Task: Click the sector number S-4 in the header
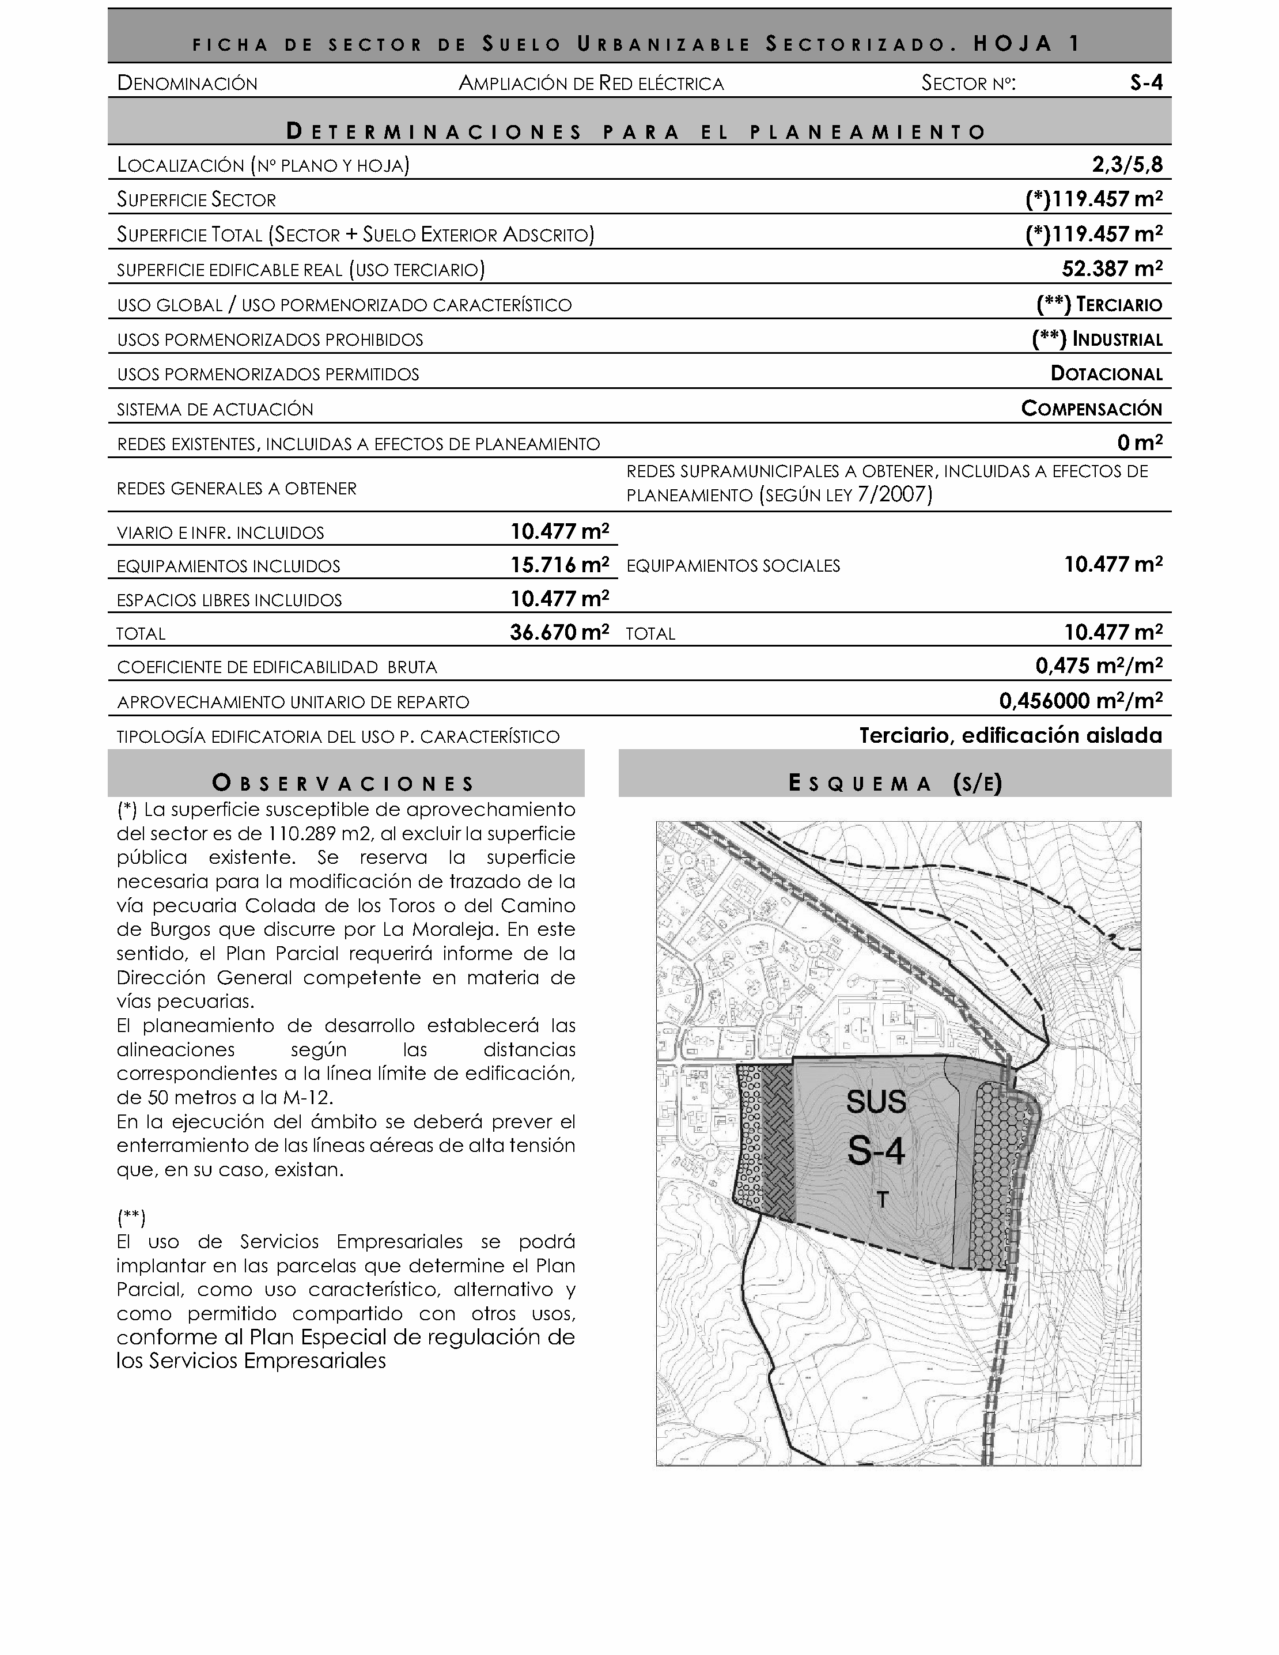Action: (x=1146, y=82)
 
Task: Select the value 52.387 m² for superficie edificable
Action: (x=1111, y=269)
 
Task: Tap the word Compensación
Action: (x=1091, y=409)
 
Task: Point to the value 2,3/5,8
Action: (x=1127, y=164)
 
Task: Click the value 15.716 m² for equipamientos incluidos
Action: (x=559, y=565)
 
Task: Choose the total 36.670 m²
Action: (x=559, y=633)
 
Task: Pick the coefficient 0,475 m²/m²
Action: (x=1099, y=666)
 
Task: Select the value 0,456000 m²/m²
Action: (x=1080, y=701)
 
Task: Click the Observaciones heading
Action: (x=345, y=783)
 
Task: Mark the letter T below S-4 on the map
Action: (x=882, y=1200)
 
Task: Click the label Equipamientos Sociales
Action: (x=733, y=566)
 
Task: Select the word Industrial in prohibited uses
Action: (x=1117, y=339)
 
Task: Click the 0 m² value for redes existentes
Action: (x=1140, y=443)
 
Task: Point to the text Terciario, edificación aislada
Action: (x=1010, y=735)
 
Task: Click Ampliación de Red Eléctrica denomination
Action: (x=591, y=84)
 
